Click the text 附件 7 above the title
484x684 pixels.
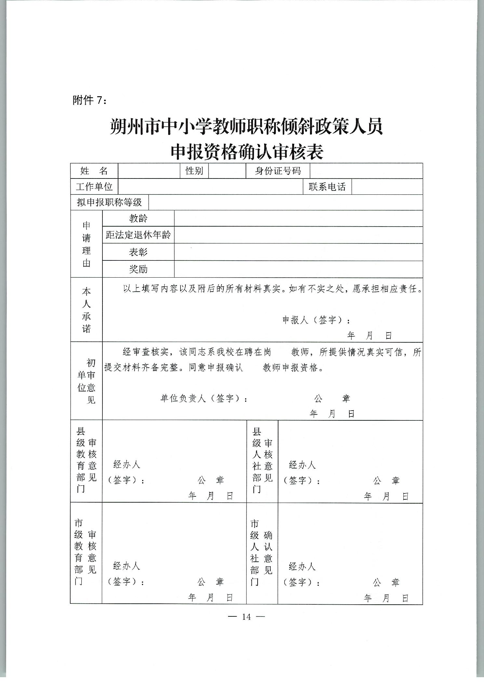tap(89, 100)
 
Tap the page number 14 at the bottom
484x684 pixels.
tap(247, 617)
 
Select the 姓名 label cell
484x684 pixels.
tap(94, 171)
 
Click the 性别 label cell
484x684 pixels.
tap(194, 171)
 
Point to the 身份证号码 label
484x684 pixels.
tap(278, 171)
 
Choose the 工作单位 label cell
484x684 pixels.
tap(94, 187)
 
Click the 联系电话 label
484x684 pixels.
tap(327, 187)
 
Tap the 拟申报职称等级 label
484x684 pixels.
tap(109, 202)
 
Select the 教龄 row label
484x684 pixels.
tap(138, 218)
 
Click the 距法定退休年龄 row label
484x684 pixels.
tap(138, 235)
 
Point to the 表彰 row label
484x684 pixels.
tap(138, 252)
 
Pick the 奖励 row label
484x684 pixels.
tap(138, 269)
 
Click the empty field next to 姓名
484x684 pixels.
tap(149, 171)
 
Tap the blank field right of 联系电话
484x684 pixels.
tap(387, 187)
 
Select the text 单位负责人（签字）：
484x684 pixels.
tap(204, 398)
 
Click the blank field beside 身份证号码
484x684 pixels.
tap(366, 171)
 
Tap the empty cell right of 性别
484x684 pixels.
tap(227, 171)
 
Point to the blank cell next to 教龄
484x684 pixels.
tap(298, 218)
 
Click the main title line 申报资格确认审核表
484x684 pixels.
tap(247, 151)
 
